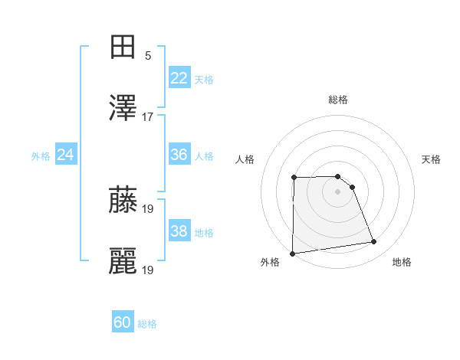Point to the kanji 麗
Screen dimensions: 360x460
[x=123, y=261]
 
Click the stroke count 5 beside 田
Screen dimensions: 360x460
[x=148, y=56]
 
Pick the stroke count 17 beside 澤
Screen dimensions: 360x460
[x=148, y=117]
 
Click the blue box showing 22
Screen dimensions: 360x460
[x=179, y=78]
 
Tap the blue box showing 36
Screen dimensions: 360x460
[x=179, y=155]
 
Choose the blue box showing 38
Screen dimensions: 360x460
[x=179, y=231]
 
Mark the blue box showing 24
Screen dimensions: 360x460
[x=66, y=155]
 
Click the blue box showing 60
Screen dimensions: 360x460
[x=123, y=322]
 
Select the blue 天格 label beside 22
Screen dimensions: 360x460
[x=204, y=79]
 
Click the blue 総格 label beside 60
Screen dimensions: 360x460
[x=147, y=323]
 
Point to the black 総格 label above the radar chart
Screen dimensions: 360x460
[x=338, y=100]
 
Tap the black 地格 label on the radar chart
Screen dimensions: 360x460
[x=402, y=263]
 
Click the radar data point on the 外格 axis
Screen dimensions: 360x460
[x=293, y=254]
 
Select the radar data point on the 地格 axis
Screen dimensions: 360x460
[x=374, y=242]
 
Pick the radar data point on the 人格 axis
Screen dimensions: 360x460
[x=294, y=178]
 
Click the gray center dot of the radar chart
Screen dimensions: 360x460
[x=338, y=191]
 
